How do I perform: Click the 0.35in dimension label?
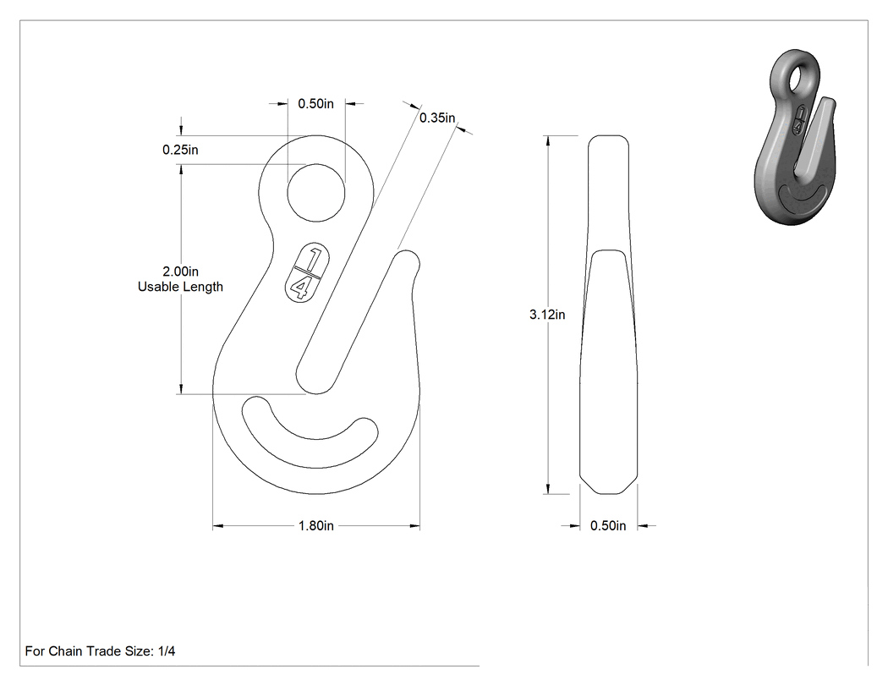(x=437, y=118)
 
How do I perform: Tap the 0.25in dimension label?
(x=180, y=150)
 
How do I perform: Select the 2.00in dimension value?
(x=181, y=272)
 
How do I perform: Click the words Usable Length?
(x=180, y=287)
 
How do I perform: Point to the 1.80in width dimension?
(x=316, y=525)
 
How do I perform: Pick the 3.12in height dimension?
(x=547, y=315)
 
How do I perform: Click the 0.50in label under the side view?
(x=608, y=525)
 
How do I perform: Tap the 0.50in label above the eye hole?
(x=316, y=104)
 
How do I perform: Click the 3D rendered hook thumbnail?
(x=796, y=137)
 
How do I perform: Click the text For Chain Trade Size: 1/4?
(x=101, y=650)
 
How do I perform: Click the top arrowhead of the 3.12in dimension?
(x=548, y=141)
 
